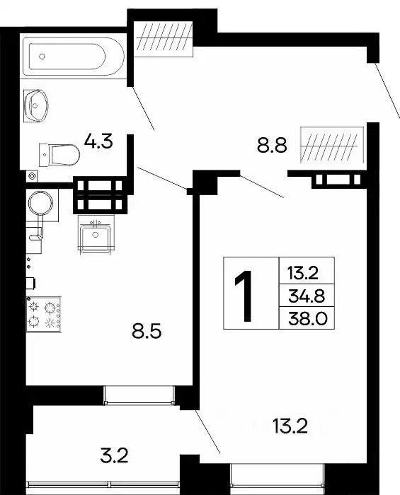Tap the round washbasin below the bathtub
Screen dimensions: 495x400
tap(35, 105)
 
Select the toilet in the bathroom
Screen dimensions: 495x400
tap(60, 152)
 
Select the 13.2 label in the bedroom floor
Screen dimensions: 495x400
tap(290, 426)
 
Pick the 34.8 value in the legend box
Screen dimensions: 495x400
tap(307, 294)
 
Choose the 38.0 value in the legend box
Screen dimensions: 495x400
tap(307, 318)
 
